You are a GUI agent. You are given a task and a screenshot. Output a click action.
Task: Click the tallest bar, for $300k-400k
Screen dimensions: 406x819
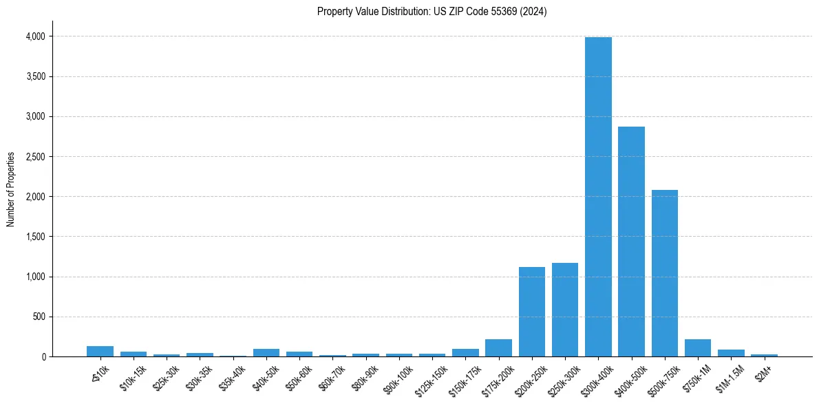pos(598,197)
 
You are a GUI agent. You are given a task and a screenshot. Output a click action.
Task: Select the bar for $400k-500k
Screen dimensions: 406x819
pos(631,242)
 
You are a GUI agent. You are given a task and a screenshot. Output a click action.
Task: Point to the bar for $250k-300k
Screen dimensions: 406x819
pos(564,310)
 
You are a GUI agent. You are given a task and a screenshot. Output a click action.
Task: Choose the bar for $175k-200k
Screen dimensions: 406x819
pos(498,348)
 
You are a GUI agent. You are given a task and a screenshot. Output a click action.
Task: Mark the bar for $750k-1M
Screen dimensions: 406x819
pos(698,348)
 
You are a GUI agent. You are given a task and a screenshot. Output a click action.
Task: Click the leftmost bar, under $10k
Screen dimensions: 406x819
pos(100,352)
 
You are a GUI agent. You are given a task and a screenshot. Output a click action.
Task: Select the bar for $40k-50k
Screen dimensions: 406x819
pos(266,353)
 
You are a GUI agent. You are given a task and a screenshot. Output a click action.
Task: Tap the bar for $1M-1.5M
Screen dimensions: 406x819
pos(731,353)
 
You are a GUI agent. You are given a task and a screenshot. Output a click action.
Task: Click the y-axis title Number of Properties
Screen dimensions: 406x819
pos(11,189)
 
